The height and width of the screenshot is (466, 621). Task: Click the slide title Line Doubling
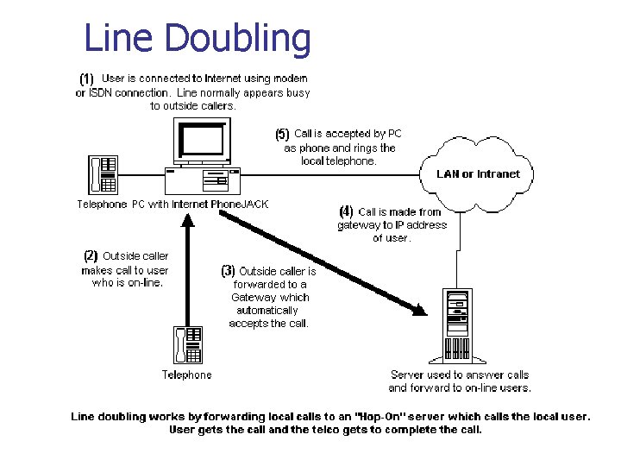tap(197, 39)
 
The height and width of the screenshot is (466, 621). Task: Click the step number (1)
tap(87, 79)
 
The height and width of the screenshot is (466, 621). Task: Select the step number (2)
tap(91, 255)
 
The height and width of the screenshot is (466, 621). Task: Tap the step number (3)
tap(228, 271)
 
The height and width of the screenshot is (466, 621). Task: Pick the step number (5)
tap(282, 134)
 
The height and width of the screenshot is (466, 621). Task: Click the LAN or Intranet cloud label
tap(478, 173)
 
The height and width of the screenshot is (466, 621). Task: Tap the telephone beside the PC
tap(103, 174)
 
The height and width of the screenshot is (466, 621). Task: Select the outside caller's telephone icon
tap(187, 344)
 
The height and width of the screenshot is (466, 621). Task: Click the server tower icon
tap(457, 325)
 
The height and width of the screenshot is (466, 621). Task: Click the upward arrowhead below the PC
tap(186, 217)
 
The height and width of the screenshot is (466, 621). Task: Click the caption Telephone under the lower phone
tap(186, 375)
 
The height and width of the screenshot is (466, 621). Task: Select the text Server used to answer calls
tap(460, 375)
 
